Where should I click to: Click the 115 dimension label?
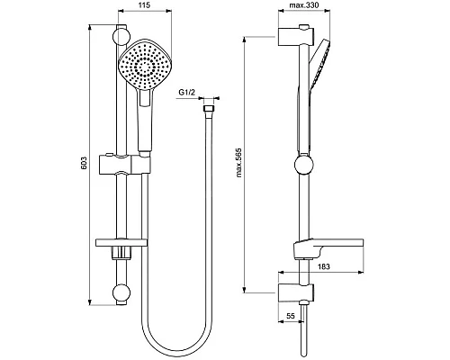(145, 5)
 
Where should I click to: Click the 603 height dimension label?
(84, 163)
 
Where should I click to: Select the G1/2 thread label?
(187, 93)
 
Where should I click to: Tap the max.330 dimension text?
(304, 5)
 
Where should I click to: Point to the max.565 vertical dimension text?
(238, 162)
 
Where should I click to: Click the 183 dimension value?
(324, 266)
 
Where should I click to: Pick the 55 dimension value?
(291, 316)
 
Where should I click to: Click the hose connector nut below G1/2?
(209, 109)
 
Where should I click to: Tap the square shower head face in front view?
(145, 64)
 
